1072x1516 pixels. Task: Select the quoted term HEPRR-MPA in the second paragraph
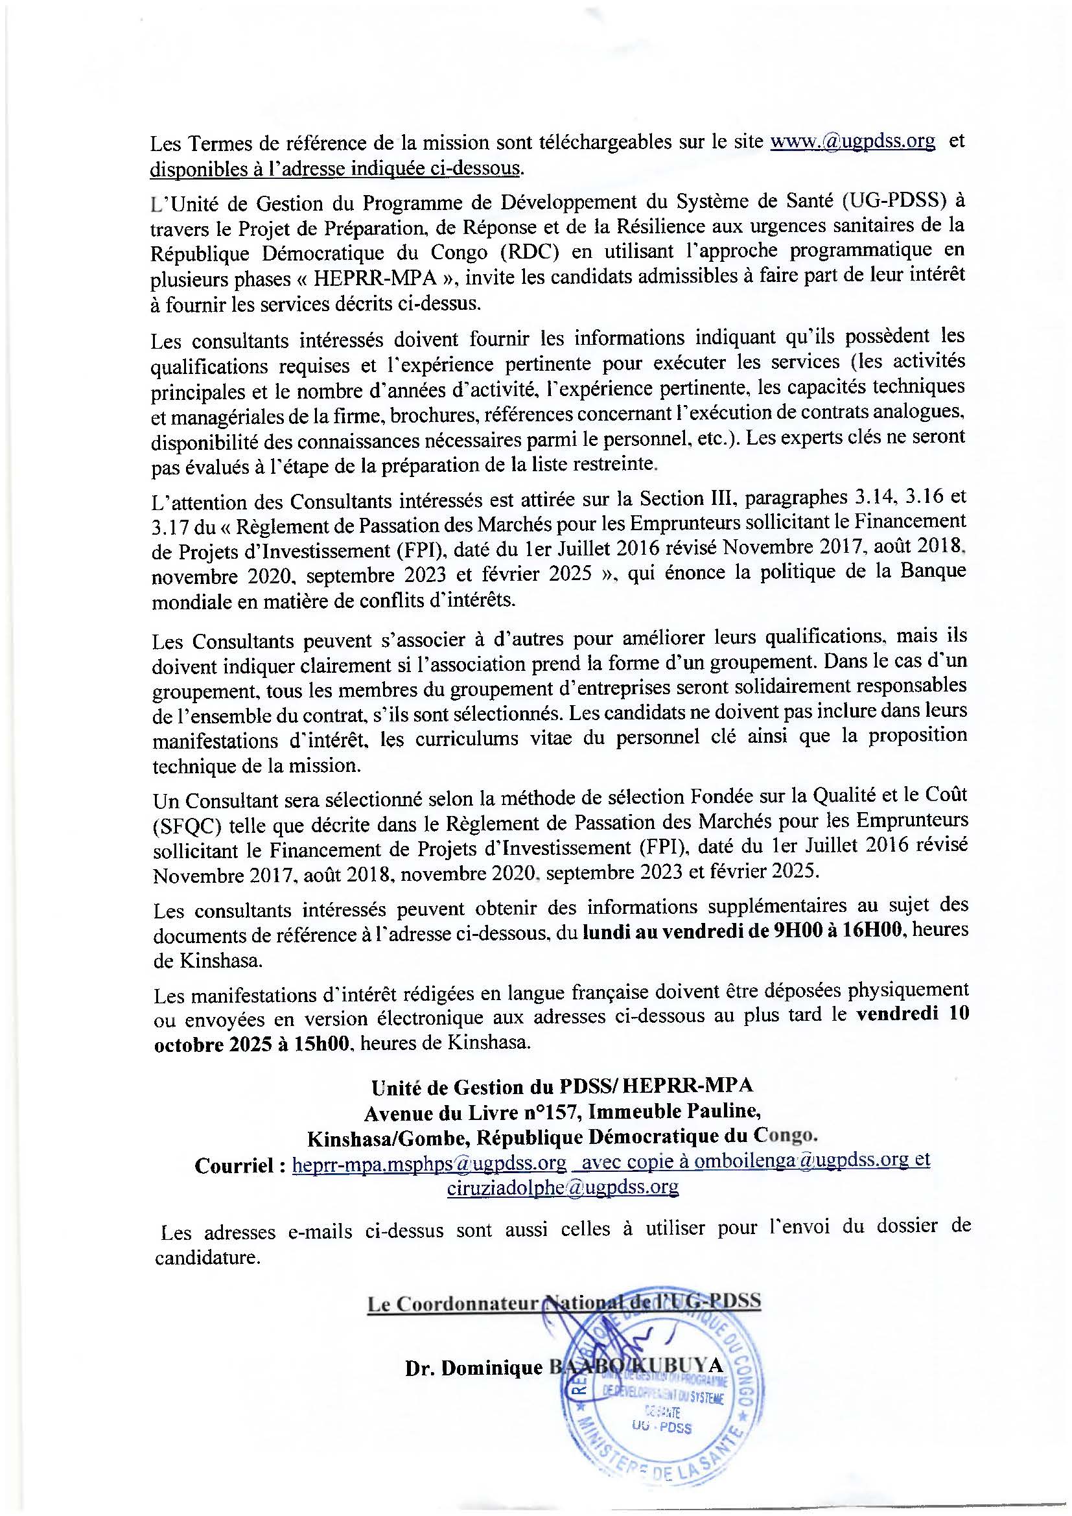375,277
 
